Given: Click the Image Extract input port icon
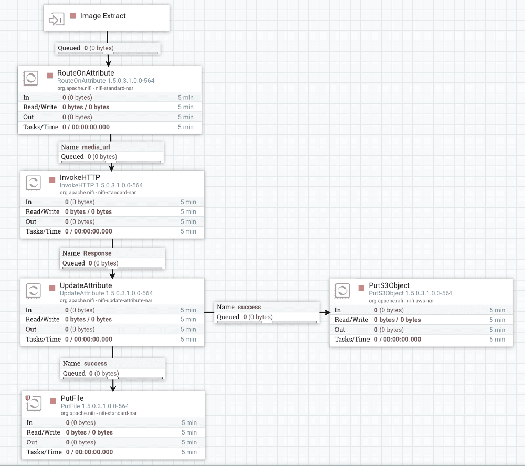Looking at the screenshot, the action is pyautogui.click(x=56, y=19).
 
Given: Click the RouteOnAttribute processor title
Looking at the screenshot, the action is pyautogui.click(x=86, y=73).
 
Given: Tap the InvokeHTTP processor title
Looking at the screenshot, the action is pyautogui.click(x=80, y=177).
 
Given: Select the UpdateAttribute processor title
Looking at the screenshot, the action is pyautogui.click(x=86, y=285).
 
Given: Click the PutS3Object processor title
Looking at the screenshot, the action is pyautogui.click(x=390, y=285).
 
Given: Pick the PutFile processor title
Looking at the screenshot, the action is pyautogui.click(x=72, y=398).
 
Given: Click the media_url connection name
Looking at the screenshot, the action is pyautogui.click(x=96, y=147).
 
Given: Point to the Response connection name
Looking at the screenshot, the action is pyautogui.click(x=98, y=253).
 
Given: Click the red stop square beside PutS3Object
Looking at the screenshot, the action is pyautogui.click(x=361, y=288).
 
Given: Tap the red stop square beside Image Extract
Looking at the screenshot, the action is pyautogui.click(x=72, y=16).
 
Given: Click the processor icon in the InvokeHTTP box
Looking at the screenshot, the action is pyautogui.click(x=34, y=183).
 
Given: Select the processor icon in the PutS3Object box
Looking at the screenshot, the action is pyautogui.click(x=342, y=291).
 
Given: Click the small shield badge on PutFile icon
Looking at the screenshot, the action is pyautogui.click(x=28, y=398).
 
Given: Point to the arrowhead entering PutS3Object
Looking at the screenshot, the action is pyautogui.click(x=326, y=312).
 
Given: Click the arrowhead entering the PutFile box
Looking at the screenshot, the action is pyautogui.click(x=113, y=388).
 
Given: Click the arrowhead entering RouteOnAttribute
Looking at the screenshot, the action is pyautogui.click(x=108, y=62).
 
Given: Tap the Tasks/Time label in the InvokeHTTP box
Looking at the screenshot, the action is pyautogui.click(x=43, y=231).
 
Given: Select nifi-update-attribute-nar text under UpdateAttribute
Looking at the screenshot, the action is pyautogui.click(x=125, y=300).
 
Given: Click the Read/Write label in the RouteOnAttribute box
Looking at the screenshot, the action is pyautogui.click(x=40, y=107).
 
